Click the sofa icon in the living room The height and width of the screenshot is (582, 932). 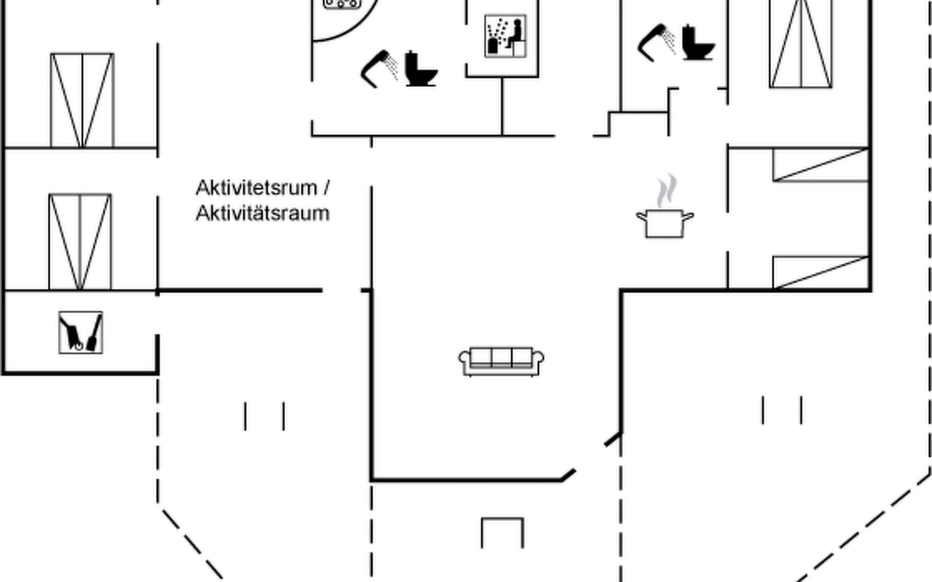501,361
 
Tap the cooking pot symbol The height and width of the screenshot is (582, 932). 665,224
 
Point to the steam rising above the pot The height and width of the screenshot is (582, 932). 666,190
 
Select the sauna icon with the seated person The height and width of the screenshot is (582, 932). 505,36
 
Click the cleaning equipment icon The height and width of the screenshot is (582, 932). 81,332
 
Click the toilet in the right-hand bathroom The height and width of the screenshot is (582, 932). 698,43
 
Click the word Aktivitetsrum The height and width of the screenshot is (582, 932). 256,188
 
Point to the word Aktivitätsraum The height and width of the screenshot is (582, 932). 263,213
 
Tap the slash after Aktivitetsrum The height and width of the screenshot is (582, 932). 326,188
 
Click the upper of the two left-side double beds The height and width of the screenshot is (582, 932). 82,100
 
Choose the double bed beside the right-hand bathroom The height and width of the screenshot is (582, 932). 800,44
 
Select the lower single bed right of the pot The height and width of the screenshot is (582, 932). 820,272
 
